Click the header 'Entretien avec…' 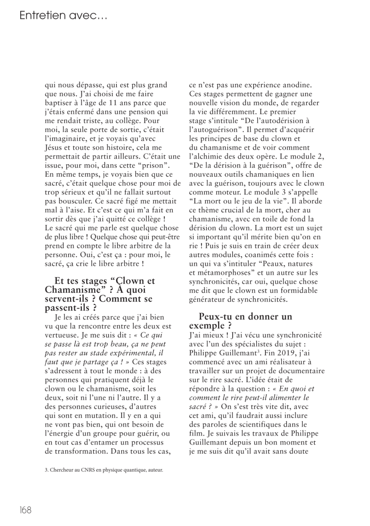coord(63,16)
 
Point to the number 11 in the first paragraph coord(112,103)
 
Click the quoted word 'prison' coord(154,165)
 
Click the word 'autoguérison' coord(214,130)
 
